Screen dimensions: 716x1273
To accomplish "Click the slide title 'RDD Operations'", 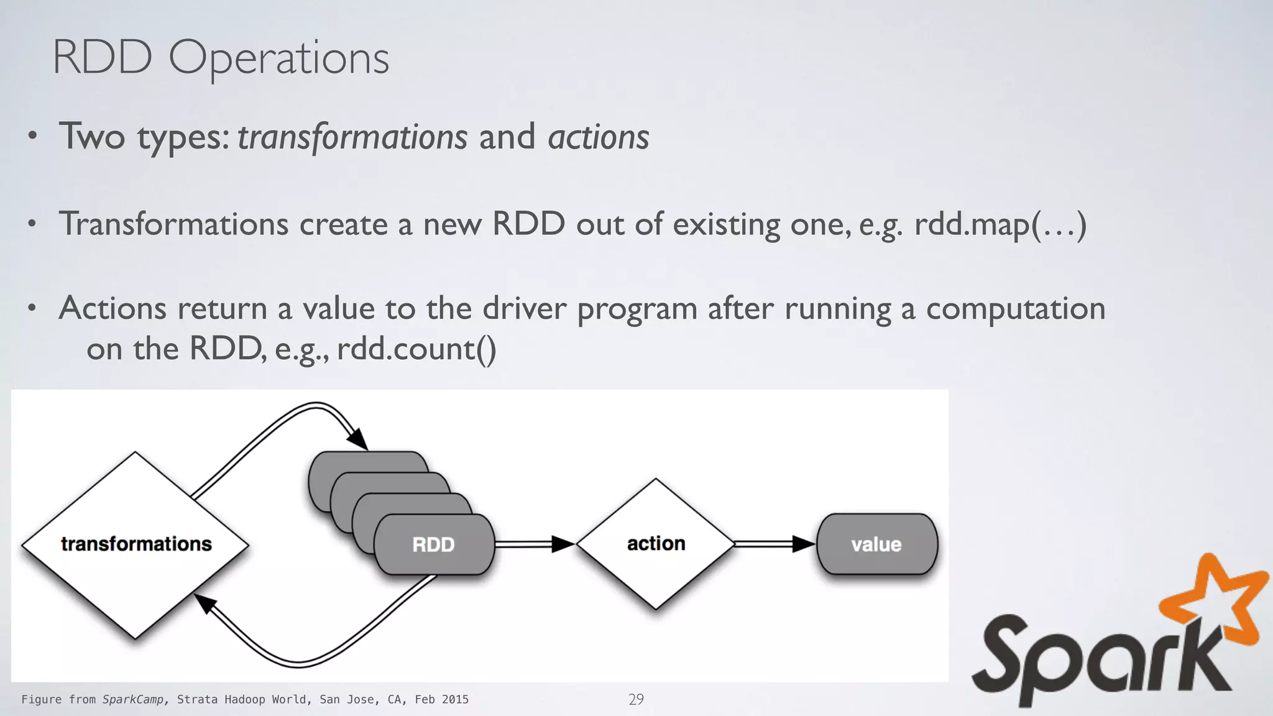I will pyautogui.click(x=221, y=58).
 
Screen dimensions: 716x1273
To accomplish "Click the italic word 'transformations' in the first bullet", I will pyautogui.click(x=352, y=137).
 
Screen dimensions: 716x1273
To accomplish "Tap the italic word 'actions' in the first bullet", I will pyautogui.click(x=598, y=137).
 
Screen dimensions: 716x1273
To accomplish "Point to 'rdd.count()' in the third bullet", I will pyautogui.click(x=416, y=349).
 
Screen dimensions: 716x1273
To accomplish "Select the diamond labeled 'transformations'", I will pyautogui.click(x=136, y=544).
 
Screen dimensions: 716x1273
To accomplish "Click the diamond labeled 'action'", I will pyautogui.click(x=656, y=544).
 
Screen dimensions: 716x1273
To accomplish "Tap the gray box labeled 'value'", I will pyautogui.click(x=876, y=544).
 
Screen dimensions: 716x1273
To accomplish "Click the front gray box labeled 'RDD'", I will pyautogui.click(x=433, y=545).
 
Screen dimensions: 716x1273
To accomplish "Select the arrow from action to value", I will pyautogui.click(x=774, y=544).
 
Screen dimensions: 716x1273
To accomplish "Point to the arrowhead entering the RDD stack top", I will pyautogui.click(x=357, y=439).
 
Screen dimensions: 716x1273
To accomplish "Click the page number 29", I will pyautogui.click(x=636, y=699).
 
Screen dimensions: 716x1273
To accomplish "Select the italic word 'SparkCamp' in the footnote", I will pyautogui.click(x=133, y=699).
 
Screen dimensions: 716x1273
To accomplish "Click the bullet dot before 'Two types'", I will pyautogui.click(x=33, y=137).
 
